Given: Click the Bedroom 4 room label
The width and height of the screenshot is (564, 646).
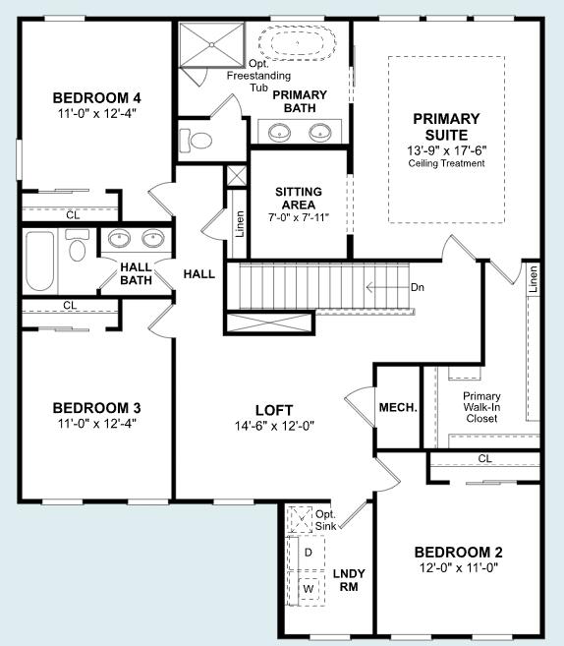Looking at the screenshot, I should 97,97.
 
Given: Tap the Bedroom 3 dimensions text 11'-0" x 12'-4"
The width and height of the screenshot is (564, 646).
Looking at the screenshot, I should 97,424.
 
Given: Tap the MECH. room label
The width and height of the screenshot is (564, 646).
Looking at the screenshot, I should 398,407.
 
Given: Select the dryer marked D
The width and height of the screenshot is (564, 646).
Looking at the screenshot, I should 308,553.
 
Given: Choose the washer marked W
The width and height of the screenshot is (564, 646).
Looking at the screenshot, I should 308,588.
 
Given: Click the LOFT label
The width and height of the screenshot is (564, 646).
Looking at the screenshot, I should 274,410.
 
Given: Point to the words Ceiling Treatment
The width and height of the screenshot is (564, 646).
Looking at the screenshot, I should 447,163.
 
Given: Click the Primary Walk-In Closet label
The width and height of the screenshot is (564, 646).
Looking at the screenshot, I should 481,408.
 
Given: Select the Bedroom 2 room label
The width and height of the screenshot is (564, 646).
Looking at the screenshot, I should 458,552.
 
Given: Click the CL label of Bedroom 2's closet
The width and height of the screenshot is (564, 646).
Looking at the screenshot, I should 484,458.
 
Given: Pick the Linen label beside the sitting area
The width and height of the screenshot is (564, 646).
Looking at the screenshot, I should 240,225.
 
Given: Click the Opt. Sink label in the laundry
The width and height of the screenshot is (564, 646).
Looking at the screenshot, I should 325,520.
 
